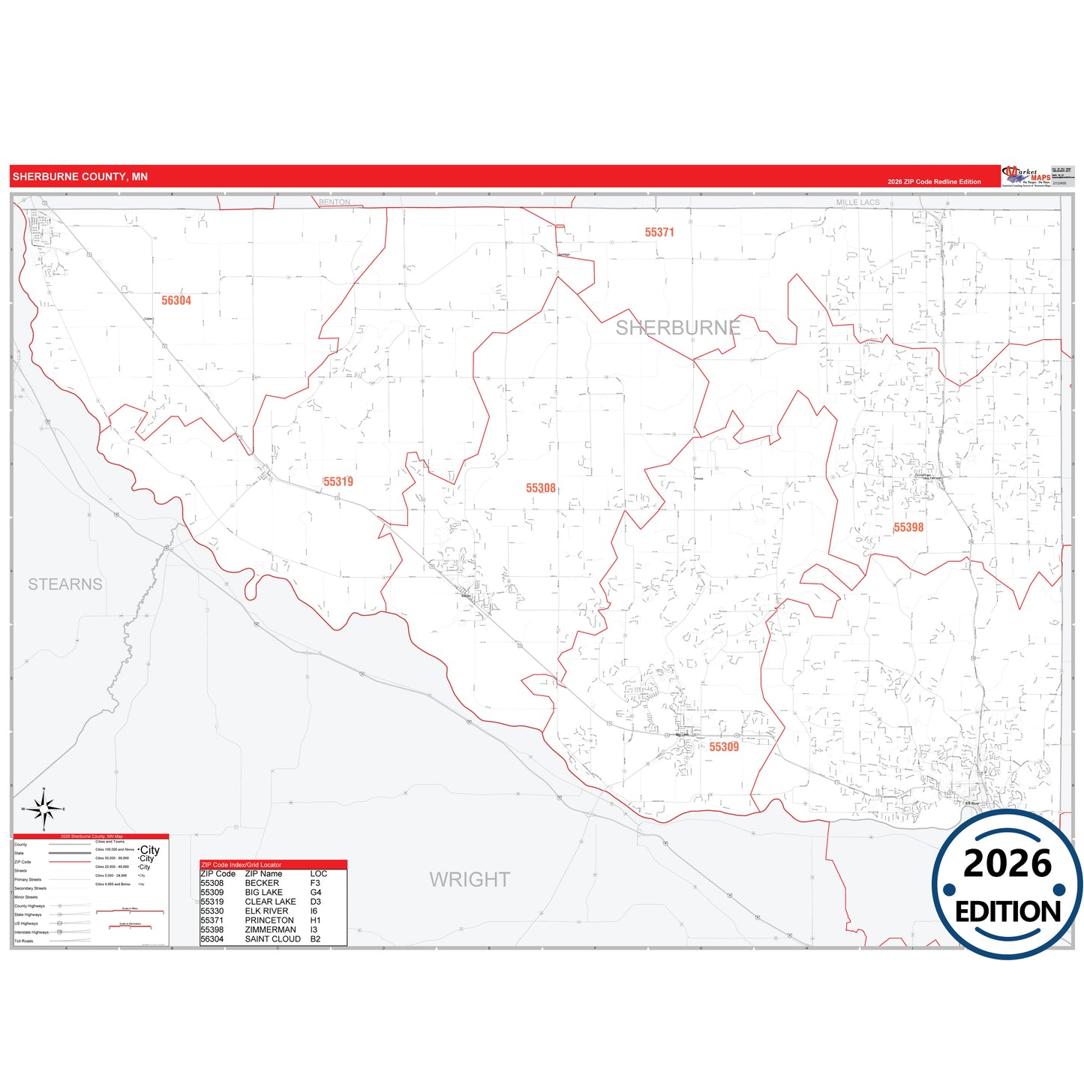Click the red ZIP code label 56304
(x=176, y=300)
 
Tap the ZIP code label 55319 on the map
(x=338, y=482)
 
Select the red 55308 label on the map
(x=541, y=488)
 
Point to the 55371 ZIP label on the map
(x=659, y=233)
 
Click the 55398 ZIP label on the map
(x=908, y=527)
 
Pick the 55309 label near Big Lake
(x=724, y=746)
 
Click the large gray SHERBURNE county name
(x=677, y=328)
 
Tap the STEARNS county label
(x=65, y=584)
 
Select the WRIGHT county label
(x=470, y=879)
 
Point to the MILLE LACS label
(x=857, y=203)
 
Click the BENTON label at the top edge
(x=335, y=203)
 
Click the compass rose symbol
(x=44, y=809)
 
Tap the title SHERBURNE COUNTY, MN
(x=80, y=177)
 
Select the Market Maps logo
(x=1025, y=176)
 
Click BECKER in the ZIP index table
(x=262, y=883)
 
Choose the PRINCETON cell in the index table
(x=269, y=920)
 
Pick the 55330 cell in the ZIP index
(x=212, y=911)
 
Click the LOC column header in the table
(x=319, y=874)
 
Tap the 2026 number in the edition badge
(x=1007, y=863)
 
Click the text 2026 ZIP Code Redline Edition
(x=934, y=182)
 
